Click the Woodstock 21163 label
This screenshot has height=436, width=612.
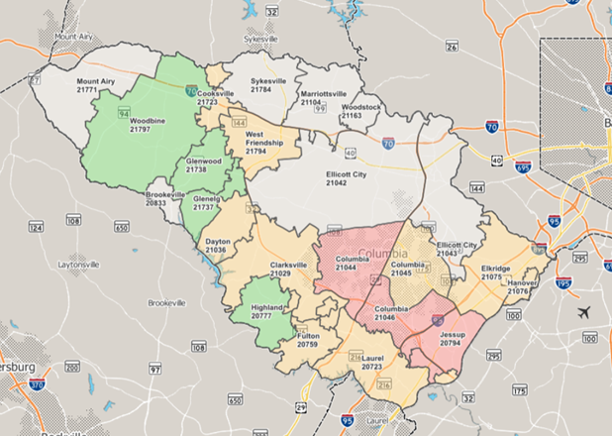[x=359, y=111]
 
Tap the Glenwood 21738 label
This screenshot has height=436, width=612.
[x=203, y=164]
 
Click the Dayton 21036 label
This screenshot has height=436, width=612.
[x=217, y=245]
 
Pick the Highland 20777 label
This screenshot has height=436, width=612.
[x=267, y=312]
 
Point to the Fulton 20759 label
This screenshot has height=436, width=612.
[x=308, y=340]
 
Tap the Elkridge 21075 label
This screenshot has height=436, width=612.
[x=496, y=272]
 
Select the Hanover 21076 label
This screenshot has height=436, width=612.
[x=522, y=286]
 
